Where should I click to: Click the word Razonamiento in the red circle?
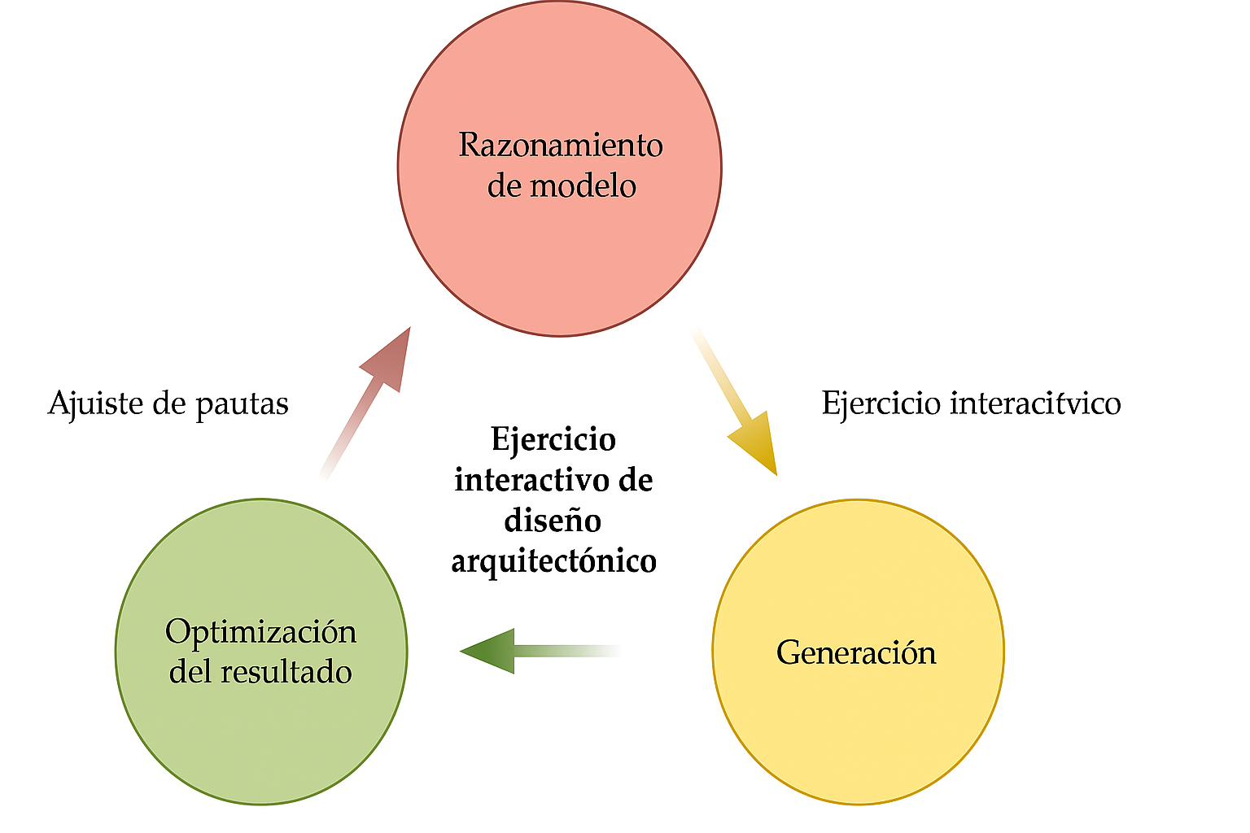(x=560, y=146)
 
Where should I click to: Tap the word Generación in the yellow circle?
(x=856, y=652)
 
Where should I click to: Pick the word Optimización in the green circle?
(x=260, y=632)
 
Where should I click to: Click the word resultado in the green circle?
(x=286, y=672)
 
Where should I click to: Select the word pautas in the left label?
(x=242, y=404)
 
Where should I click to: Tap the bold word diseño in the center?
(x=553, y=521)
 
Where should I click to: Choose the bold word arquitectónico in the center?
(x=553, y=561)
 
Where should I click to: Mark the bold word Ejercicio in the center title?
(x=553, y=440)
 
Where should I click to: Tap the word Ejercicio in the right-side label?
(x=881, y=403)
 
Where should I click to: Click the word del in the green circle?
(x=190, y=672)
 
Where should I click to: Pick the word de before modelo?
(x=504, y=186)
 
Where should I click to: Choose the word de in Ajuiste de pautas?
(x=169, y=403)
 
